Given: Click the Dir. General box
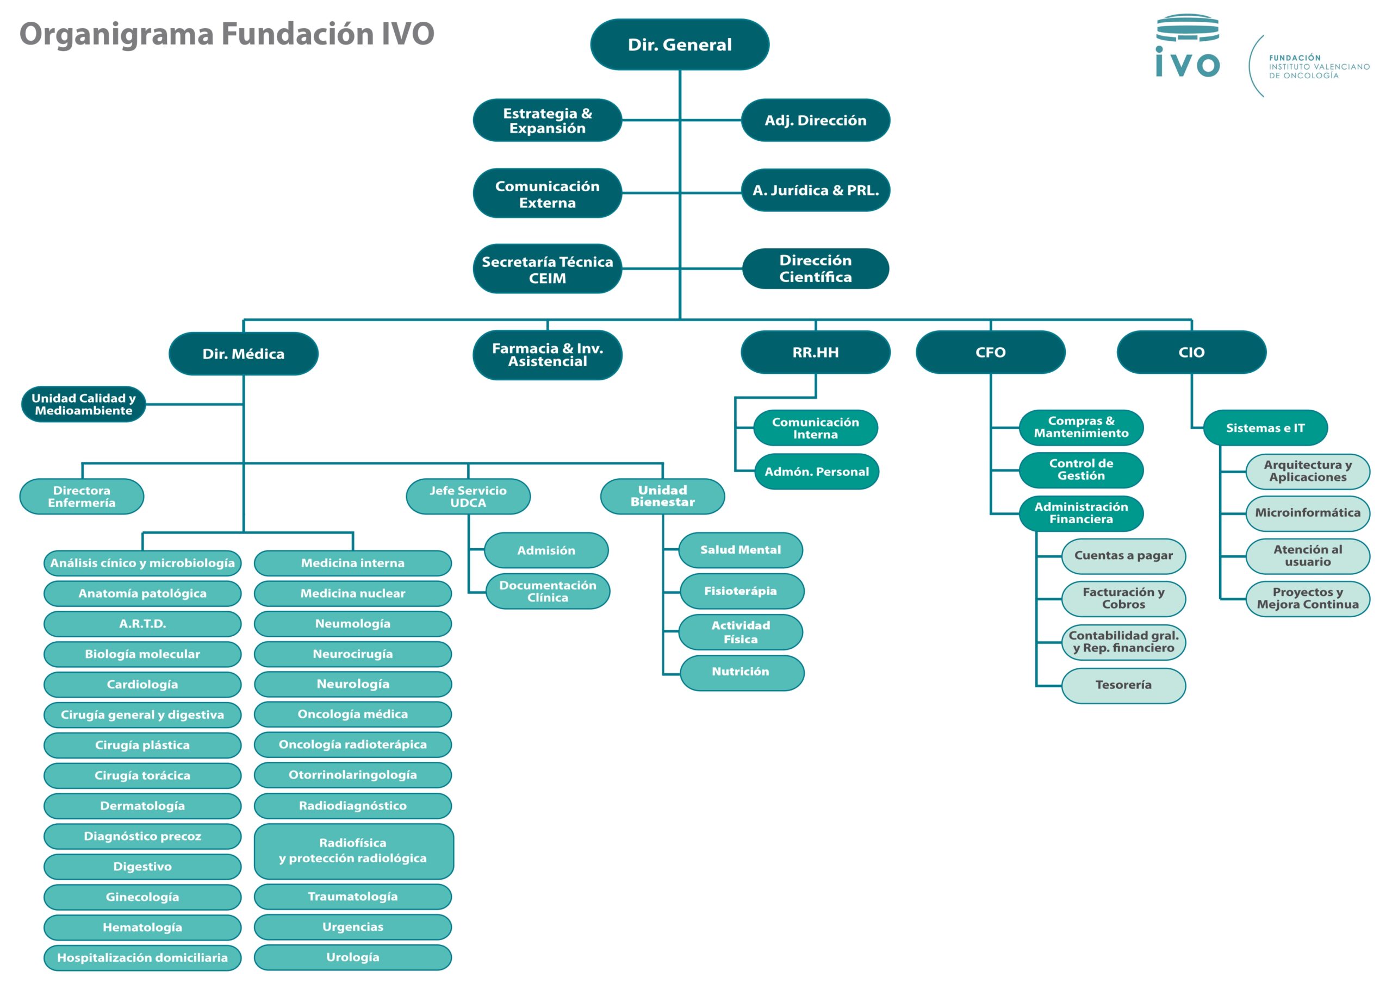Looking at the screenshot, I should (x=680, y=44).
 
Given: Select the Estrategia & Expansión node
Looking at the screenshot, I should (x=547, y=120).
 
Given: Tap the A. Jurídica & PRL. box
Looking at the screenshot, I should (x=816, y=190).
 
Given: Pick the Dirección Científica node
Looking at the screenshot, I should (x=816, y=268).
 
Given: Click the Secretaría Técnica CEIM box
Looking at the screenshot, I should (x=547, y=269).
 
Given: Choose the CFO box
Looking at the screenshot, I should (x=990, y=352).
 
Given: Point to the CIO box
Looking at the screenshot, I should (x=1191, y=352).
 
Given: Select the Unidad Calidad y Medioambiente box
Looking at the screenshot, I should (x=84, y=404).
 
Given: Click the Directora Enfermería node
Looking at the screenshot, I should (x=82, y=496).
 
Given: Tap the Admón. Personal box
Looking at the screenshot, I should (x=816, y=472).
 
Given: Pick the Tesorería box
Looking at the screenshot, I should (x=1123, y=685).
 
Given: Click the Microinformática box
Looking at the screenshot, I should (x=1308, y=512).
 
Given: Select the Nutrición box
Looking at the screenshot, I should (x=741, y=672).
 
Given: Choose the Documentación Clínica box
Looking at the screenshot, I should (x=548, y=591).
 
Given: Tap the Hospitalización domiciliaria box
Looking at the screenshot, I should (x=142, y=957).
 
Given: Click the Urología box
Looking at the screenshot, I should (x=353, y=957).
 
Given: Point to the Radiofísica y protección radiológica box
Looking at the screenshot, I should (x=353, y=850).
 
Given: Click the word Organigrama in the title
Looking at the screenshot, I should (x=116, y=34).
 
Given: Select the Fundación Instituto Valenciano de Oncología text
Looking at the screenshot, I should (x=1319, y=67).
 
